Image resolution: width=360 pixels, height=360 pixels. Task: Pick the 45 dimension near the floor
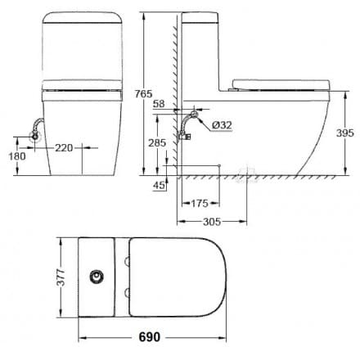(x=158, y=185)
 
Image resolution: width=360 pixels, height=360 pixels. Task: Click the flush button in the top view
(x=99, y=277)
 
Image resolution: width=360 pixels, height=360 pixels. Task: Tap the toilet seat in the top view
(x=176, y=277)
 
